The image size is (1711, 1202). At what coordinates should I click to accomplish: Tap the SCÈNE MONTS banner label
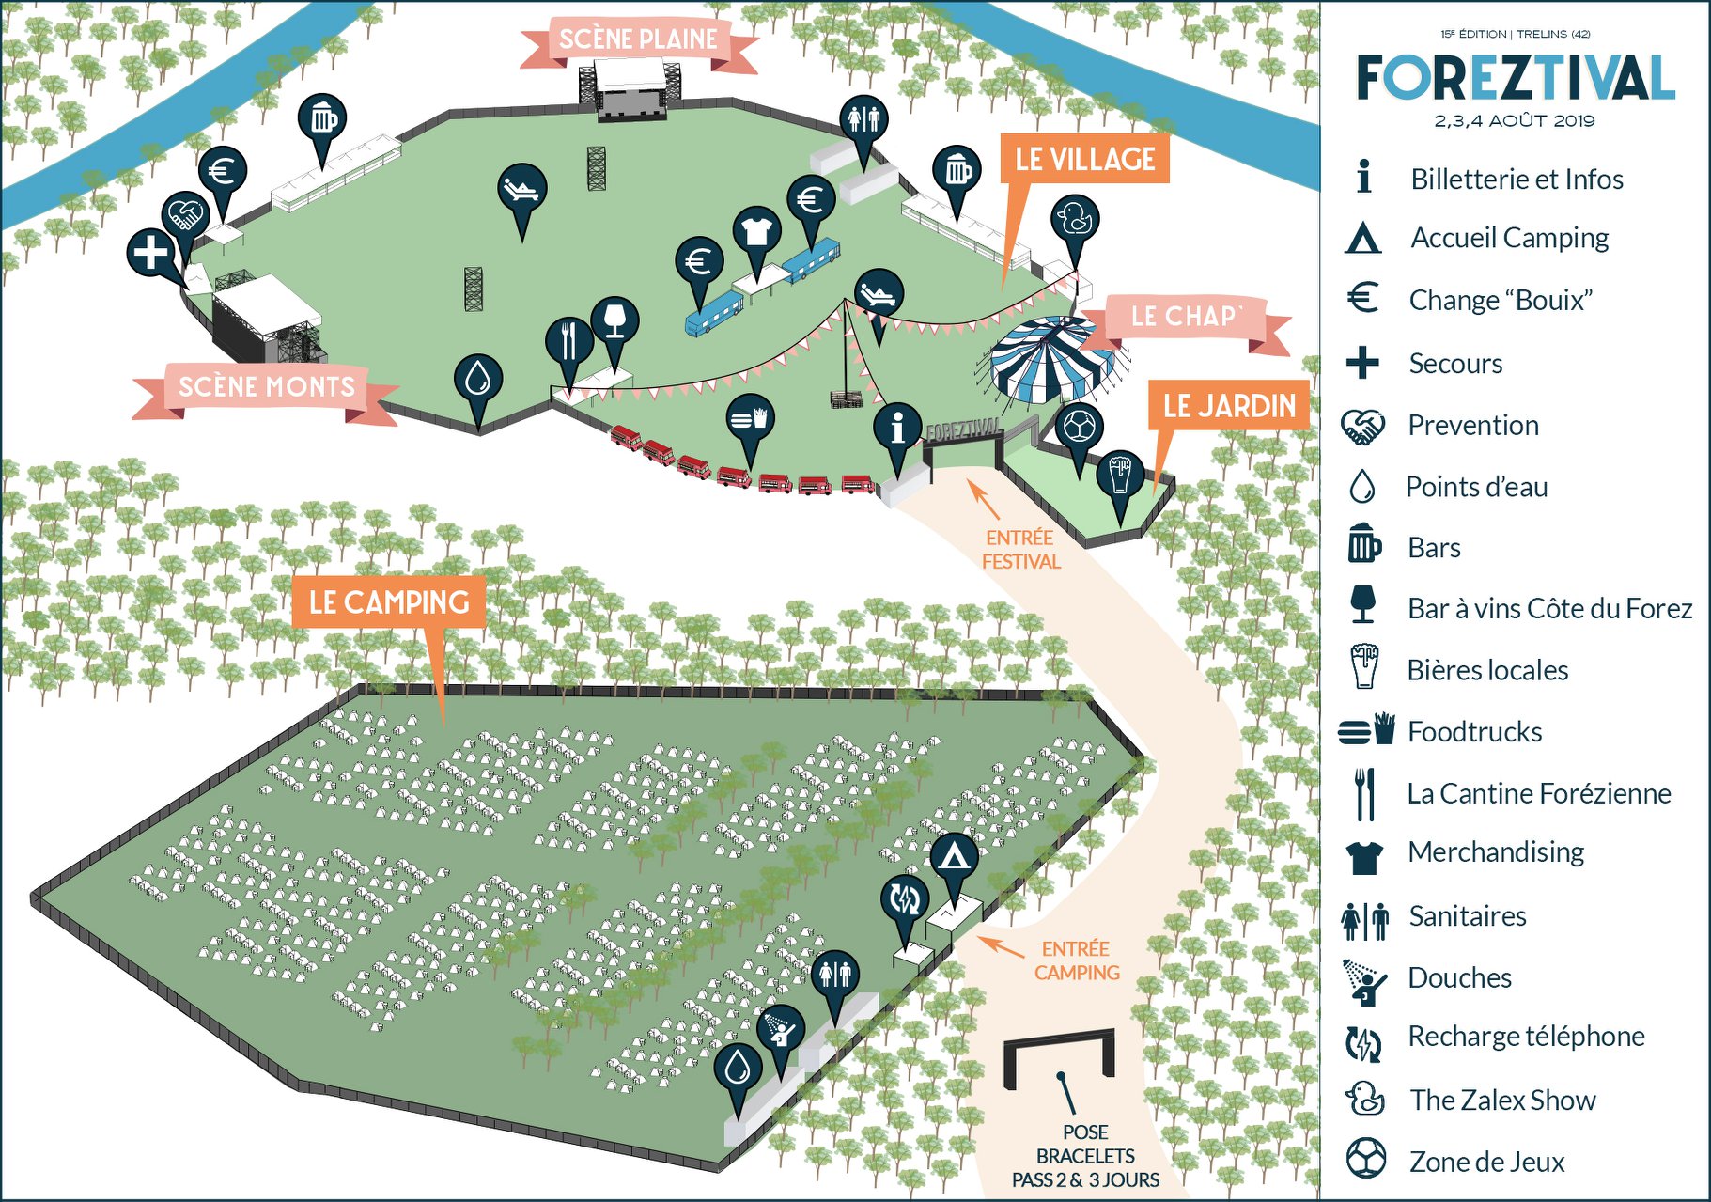[x=267, y=387]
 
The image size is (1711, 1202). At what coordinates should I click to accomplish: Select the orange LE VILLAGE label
[x=1085, y=159]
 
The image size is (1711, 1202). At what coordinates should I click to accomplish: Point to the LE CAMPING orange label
[x=389, y=602]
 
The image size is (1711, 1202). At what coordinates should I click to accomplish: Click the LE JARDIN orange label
[x=1229, y=406]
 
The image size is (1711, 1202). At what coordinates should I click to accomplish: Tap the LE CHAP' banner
[x=1186, y=317]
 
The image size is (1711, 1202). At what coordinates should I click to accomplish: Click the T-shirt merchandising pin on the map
[x=757, y=231]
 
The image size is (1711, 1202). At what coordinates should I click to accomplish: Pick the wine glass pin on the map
[x=615, y=321]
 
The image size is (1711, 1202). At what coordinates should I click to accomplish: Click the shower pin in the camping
[x=781, y=1030]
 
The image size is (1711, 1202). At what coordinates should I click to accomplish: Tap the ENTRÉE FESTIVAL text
[x=1020, y=550]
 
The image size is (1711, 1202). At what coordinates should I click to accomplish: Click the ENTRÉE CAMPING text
[x=1077, y=960]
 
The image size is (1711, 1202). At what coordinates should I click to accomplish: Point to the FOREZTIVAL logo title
[x=1516, y=77]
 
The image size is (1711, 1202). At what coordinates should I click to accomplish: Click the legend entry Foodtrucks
[x=1475, y=732]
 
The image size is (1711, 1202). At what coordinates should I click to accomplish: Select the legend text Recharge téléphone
[x=1526, y=1036]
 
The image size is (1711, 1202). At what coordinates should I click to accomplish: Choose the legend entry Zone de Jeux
[x=1487, y=1163]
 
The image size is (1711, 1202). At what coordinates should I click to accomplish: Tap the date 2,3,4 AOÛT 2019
[x=1515, y=121]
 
